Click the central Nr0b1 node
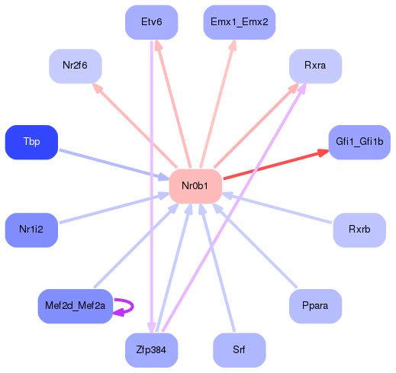195,186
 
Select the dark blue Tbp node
31,142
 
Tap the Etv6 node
151,21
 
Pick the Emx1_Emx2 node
239,21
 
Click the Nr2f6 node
75,66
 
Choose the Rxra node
314,66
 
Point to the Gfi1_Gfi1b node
359,142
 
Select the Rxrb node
359,230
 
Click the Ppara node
314,306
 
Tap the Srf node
239,350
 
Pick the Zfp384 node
151,350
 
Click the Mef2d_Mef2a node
75,306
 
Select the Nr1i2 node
31,230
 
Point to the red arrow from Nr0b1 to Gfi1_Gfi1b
275,166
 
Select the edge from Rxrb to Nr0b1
278,208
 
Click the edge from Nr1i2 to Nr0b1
114,207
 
